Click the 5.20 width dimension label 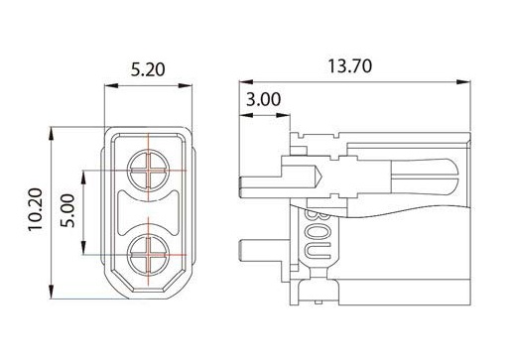point(148,69)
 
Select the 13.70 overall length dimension point(349,66)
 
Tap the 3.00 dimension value point(263,99)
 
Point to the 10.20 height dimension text point(35,209)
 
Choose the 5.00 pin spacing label point(67,210)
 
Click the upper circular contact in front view point(149,170)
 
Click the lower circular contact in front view point(149,254)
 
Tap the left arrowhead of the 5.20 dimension point(111,86)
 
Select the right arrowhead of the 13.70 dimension point(463,81)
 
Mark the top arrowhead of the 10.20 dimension point(51,134)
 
